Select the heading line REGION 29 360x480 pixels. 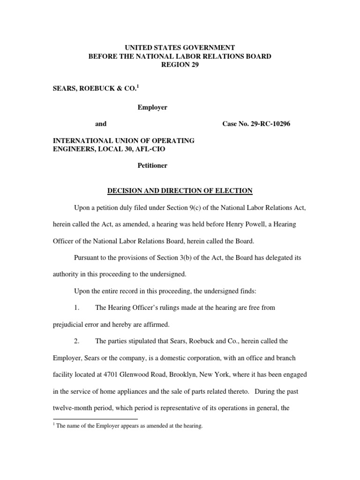[x=180, y=65]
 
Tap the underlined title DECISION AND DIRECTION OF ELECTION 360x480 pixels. [x=180, y=190]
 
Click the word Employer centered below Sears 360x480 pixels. [x=152, y=107]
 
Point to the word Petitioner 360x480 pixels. [x=152, y=165]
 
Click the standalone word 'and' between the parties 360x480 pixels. [x=101, y=124]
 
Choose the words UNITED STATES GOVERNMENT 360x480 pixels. [x=180, y=47]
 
